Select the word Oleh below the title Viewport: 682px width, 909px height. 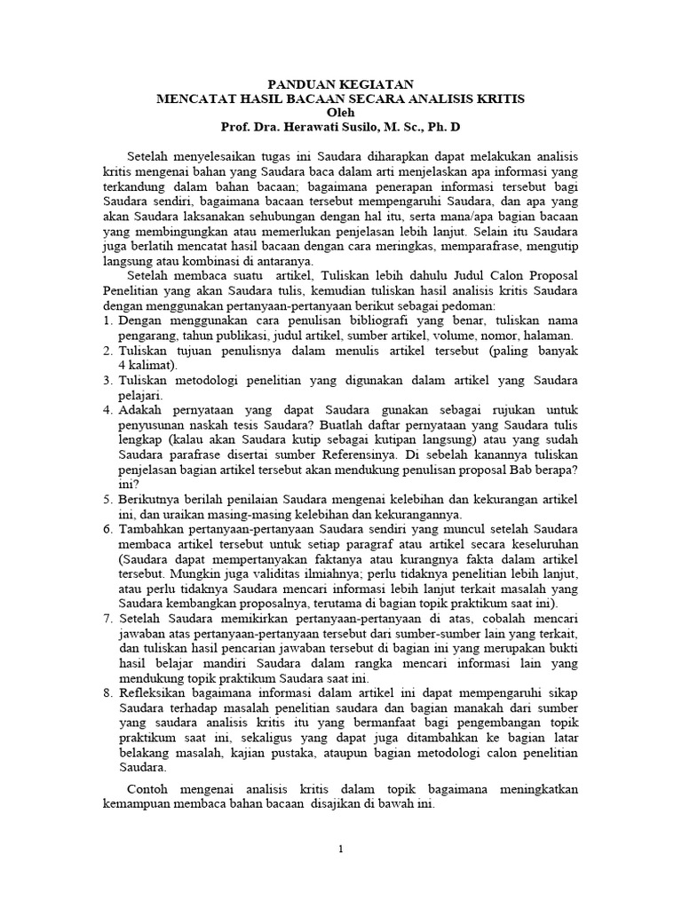point(342,113)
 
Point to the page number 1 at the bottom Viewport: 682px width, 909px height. point(341,850)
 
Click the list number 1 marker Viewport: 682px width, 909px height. point(108,320)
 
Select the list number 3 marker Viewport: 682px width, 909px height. point(108,381)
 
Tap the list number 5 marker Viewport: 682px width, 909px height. point(108,502)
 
